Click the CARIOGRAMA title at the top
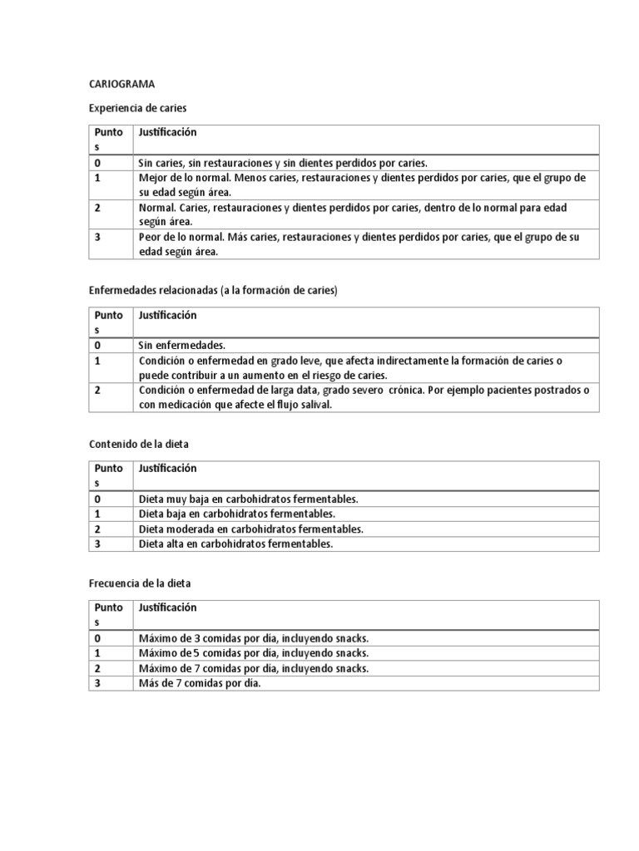(x=121, y=84)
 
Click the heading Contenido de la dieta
(x=139, y=444)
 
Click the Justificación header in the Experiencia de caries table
(x=168, y=132)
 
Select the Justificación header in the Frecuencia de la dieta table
(x=168, y=608)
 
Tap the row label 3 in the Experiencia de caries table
(x=97, y=237)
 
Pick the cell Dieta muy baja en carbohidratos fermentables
(x=248, y=499)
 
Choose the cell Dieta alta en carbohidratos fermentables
(x=235, y=544)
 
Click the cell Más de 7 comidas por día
(x=200, y=683)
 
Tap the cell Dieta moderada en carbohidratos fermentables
(x=251, y=529)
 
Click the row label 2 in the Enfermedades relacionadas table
(x=97, y=390)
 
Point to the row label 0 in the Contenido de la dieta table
(x=97, y=499)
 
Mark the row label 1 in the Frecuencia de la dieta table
(x=97, y=653)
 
